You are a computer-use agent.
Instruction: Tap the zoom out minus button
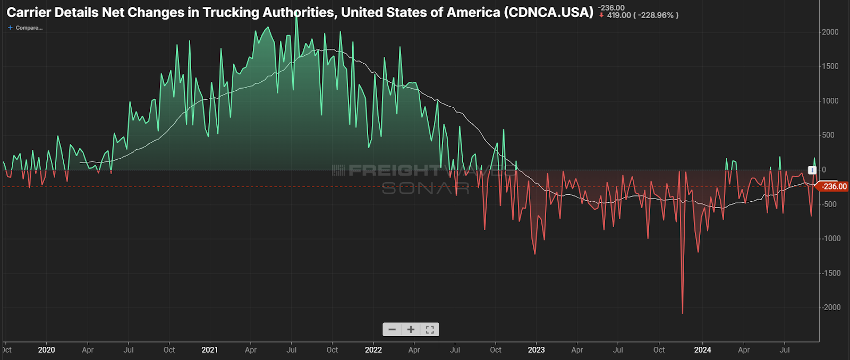[392, 329]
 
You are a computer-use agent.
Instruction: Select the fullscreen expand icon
[430, 329]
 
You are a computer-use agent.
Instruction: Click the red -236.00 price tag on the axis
[834, 186]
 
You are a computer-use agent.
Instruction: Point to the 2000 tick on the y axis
[830, 32]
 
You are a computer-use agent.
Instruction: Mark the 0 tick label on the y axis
[824, 170]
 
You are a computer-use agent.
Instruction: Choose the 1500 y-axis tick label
[830, 66]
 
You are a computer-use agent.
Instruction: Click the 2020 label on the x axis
[46, 350]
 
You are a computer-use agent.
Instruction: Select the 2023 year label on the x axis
[536, 350]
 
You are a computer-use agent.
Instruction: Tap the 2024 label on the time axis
[702, 350]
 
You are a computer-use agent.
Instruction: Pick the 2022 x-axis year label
[373, 350]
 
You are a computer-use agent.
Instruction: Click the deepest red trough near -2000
[683, 313]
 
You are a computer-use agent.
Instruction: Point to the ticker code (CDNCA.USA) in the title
[549, 12]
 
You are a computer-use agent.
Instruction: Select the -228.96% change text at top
[657, 15]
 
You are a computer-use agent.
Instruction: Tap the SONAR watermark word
[425, 188]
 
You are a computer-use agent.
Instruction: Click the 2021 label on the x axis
[209, 350]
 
